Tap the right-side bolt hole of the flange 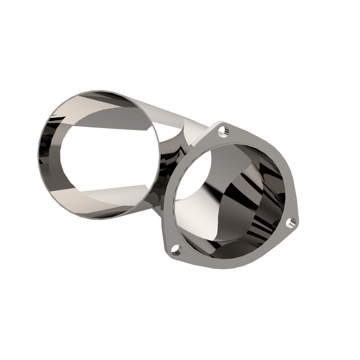[x=291, y=222]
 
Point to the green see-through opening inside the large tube [x=147, y=158]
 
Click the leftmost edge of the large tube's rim [x=41, y=156]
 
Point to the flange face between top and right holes [x=270, y=168]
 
